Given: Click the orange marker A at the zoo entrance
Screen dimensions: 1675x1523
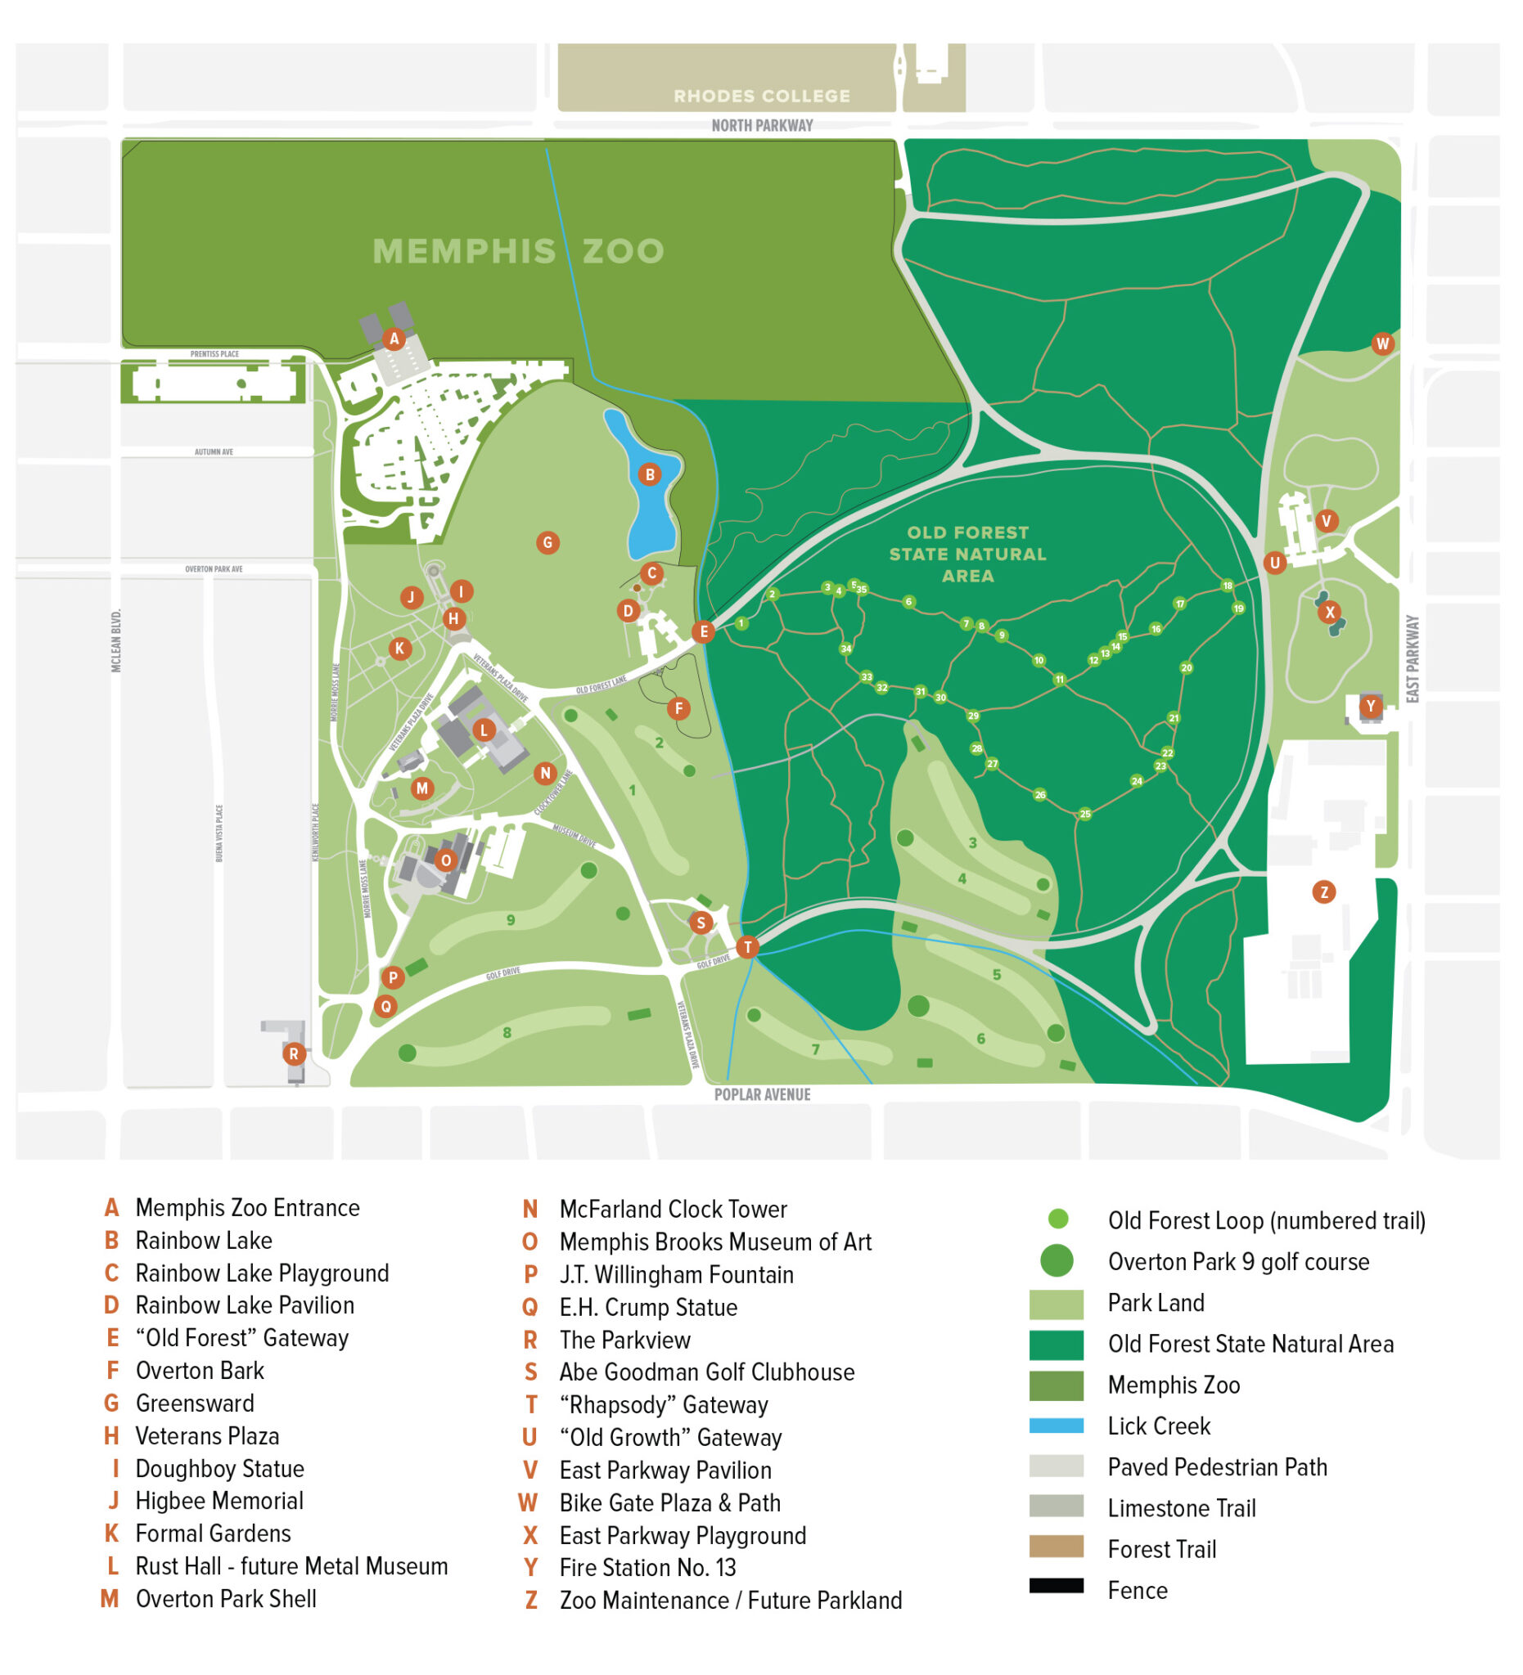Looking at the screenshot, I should pyautogui.click(x=394, y=339).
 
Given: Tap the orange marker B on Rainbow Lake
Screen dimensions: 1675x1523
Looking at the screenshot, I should pyautogui.click(x=649, y=474).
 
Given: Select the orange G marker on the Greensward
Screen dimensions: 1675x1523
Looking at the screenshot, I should pyautogui.click(x=547, y=542).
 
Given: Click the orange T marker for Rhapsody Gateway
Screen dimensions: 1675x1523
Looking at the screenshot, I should pyautogui.click(x=746, y=946).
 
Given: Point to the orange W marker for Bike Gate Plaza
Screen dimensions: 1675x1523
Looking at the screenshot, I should pyautogui.click(x=1381, y=344).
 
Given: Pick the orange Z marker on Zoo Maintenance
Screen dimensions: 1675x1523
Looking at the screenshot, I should pyautogui.click(x=1322, y=891).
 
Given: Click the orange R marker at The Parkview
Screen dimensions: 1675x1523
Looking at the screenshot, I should pyautogui.click(x=293, y=1053).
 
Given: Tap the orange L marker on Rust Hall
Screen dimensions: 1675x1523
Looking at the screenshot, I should pyautogui.click(x=484, y=730).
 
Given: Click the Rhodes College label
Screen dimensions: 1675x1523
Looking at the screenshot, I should pyautogui.click(x=760, y=97).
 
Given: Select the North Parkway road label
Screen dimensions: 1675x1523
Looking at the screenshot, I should pyautogui.click(x=760, y=125).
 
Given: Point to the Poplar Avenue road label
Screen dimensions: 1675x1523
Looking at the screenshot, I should pyautogui.click(x=761, y=1094).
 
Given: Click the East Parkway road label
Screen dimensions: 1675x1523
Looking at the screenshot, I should pyautogui.click(x=1412, y=659).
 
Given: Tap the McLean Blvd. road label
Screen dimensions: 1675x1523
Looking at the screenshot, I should pyautogui.click(x=116, y=640).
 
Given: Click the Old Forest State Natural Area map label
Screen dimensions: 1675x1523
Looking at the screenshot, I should pyautogui.click(x=967, y=555).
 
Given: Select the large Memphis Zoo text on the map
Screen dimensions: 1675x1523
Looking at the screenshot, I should pyautogui.click(x=518, y=251).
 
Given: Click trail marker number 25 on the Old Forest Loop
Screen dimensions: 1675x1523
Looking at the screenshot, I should pyautogui.click(x=1084, y=815).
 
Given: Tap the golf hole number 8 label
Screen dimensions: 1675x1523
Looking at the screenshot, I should pyautogui.click(x=507, y=1033).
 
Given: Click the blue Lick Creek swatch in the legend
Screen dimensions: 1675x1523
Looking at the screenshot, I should pyautogui.click(x=1055, y=1426).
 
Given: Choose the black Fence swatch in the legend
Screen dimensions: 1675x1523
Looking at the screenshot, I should pyautogui.click(x=1055, y=1585).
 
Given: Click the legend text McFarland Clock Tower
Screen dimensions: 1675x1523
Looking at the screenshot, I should pyautogui.click(x=673, y=1209).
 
